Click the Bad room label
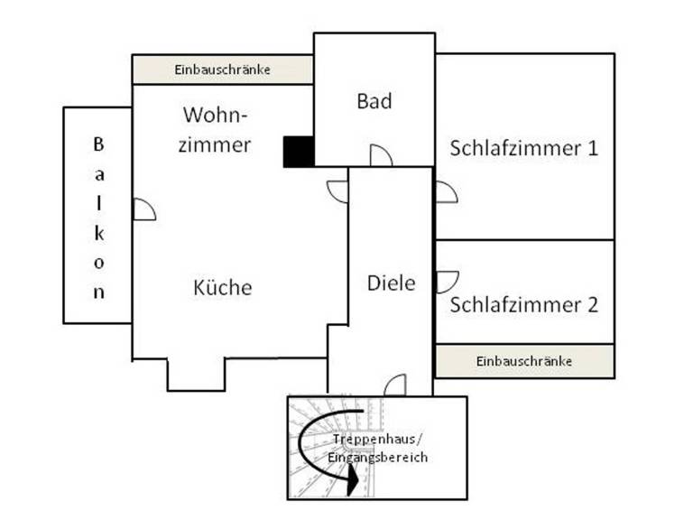(x=374, y=101)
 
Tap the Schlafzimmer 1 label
(x=523, y=148)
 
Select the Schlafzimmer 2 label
(x=523, y=304)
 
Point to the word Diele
(x=391, y=283)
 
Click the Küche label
(x=223, y=287)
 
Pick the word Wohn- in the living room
(x=216, y=115)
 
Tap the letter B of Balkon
(x=98, y=144)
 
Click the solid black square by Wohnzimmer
(x=299, y=152)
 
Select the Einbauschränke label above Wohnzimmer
(x=222, y=70)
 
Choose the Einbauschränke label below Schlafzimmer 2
(x=523, y=361)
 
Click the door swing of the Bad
(x=381, y=155)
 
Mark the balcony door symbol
(x=144, y=209)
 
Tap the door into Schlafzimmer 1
(x=447, y=192)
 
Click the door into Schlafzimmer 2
(x=448, y=282)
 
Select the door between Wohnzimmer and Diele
(x=337, y=192)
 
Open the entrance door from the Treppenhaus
(x=395, y=385)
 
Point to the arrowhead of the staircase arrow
(x=353, y=480)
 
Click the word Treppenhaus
(x=374, y=439)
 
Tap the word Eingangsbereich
(x=378, y=457)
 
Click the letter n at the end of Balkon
(x=99, y=292)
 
